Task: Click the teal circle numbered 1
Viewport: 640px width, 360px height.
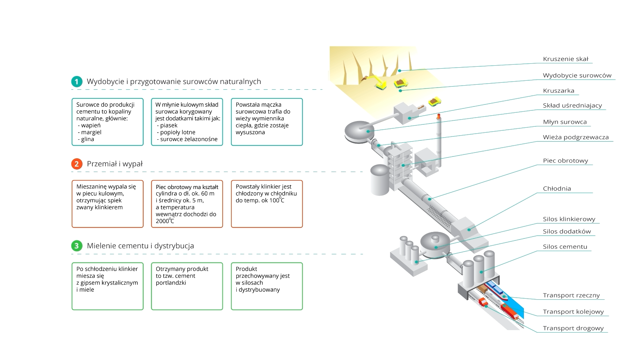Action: tap(77, 82)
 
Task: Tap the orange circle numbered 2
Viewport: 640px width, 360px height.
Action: tap(77, 164)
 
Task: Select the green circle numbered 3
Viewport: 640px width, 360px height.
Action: tap(77, 246)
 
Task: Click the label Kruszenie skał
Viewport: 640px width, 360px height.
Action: tap(566, 59)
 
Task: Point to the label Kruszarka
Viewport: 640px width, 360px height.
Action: tap(558, 91)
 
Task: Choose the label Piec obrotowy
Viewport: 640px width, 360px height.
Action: tap(565, 161)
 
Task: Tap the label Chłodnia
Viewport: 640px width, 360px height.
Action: tap(557, 189)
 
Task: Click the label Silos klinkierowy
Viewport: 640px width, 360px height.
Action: tap(569, 219)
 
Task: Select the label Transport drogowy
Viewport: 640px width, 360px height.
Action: tap(573, 328)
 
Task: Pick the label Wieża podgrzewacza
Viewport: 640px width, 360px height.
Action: tap(576, 137)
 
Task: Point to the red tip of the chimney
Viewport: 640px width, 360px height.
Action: tap(439, 116)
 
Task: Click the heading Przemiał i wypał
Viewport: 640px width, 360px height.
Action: tap(115, 164)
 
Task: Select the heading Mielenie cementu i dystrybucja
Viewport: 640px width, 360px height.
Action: tap(140, 246)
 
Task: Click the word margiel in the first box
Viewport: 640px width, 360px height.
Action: tap(91, 132)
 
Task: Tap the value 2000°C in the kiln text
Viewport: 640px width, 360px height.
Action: tap(165, 221)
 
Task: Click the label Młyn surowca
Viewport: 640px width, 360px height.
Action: tap(564, 122)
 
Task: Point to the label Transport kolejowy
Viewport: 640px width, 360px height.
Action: tap(573, 312)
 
